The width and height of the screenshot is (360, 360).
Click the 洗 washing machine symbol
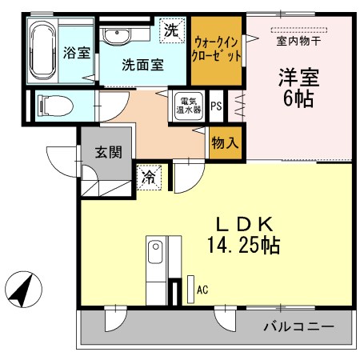click(x=171, y=31)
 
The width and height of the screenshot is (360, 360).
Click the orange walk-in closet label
click(x=217, y=50)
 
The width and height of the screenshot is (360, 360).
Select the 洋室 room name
click(x=298, y=78)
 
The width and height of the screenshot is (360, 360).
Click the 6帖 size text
click(x=298, y=99)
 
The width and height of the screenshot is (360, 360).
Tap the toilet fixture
click(x=55, y=105)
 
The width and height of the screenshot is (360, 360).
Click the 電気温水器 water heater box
click(x=189, y=106)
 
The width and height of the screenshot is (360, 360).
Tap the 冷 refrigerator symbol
click(x=150, y=176)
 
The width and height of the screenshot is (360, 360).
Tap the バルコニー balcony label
click(x=297, y=326)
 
